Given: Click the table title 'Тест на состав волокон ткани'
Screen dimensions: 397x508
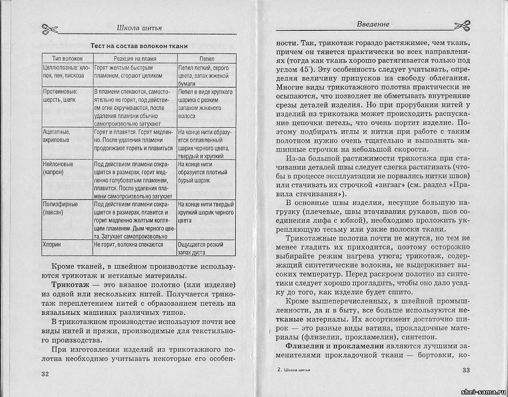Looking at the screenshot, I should pyautogui.click(x=139, y=46).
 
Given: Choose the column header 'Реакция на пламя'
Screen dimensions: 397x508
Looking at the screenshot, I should pyautogui.click(x=135, y=59).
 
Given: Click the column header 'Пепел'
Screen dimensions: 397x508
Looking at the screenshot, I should pyautogui.click(x=206, y=59).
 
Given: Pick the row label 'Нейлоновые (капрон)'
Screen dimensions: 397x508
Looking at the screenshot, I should pyautogui.click(x=57, y=169).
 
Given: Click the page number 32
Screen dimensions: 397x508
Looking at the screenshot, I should pyautogui.click(x=46, y=374).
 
